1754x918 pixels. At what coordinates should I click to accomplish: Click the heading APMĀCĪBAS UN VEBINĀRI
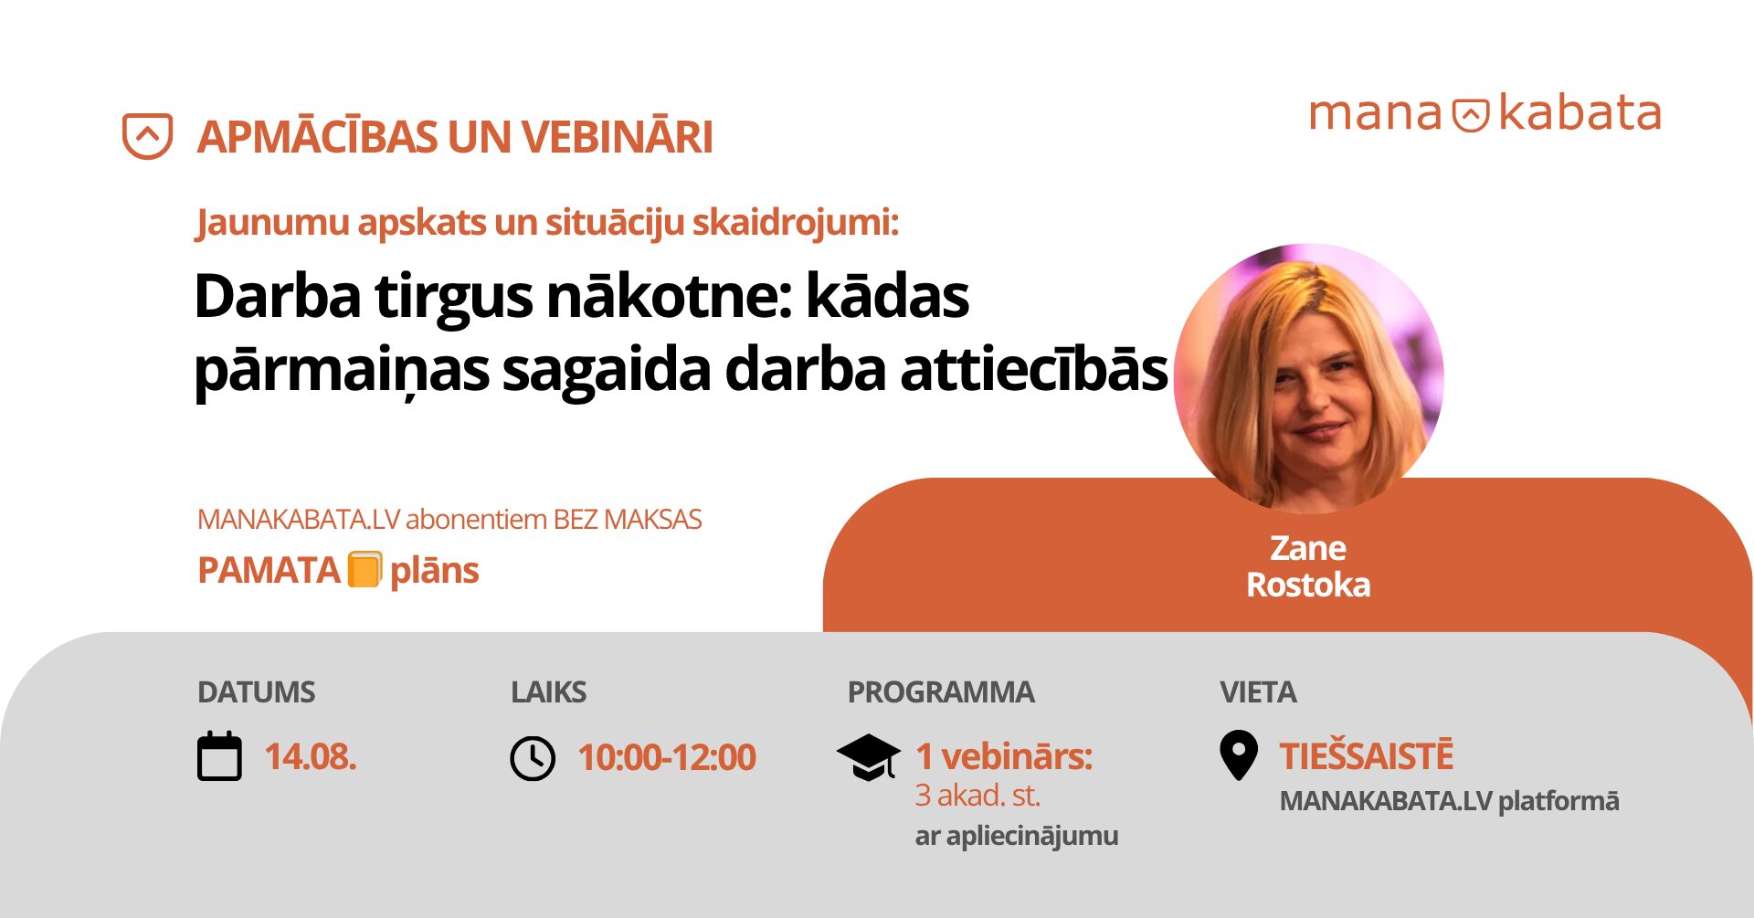tap(455, 137)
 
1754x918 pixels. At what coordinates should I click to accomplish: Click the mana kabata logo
tap(1485, 113)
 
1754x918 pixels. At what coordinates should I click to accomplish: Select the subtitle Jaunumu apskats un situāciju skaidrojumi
tap(547, 222)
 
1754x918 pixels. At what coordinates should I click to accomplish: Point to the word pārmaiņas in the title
tap(342, 371)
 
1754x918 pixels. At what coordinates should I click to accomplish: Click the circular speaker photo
tap(1308, 377)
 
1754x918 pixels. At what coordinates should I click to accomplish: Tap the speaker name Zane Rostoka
tap(1308, 566)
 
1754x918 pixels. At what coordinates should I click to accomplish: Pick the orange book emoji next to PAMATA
tap(365, 570)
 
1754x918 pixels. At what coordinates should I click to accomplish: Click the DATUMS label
tap(257, 692)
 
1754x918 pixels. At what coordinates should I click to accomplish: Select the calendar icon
tap(220, 756)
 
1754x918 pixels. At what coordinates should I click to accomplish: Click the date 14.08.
tap(311, 757)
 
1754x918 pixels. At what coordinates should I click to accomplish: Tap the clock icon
tap(533, 758)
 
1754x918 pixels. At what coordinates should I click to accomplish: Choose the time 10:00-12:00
tap(667, 757)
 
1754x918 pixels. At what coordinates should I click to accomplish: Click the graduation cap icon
tap(868, 757)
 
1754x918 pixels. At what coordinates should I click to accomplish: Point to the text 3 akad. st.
tap(977, 796)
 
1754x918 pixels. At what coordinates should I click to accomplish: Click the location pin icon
tap(1239, 755)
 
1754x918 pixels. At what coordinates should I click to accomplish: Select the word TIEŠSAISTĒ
tap(1367, 756)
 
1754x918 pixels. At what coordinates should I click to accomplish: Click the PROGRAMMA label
tap(941, 692)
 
